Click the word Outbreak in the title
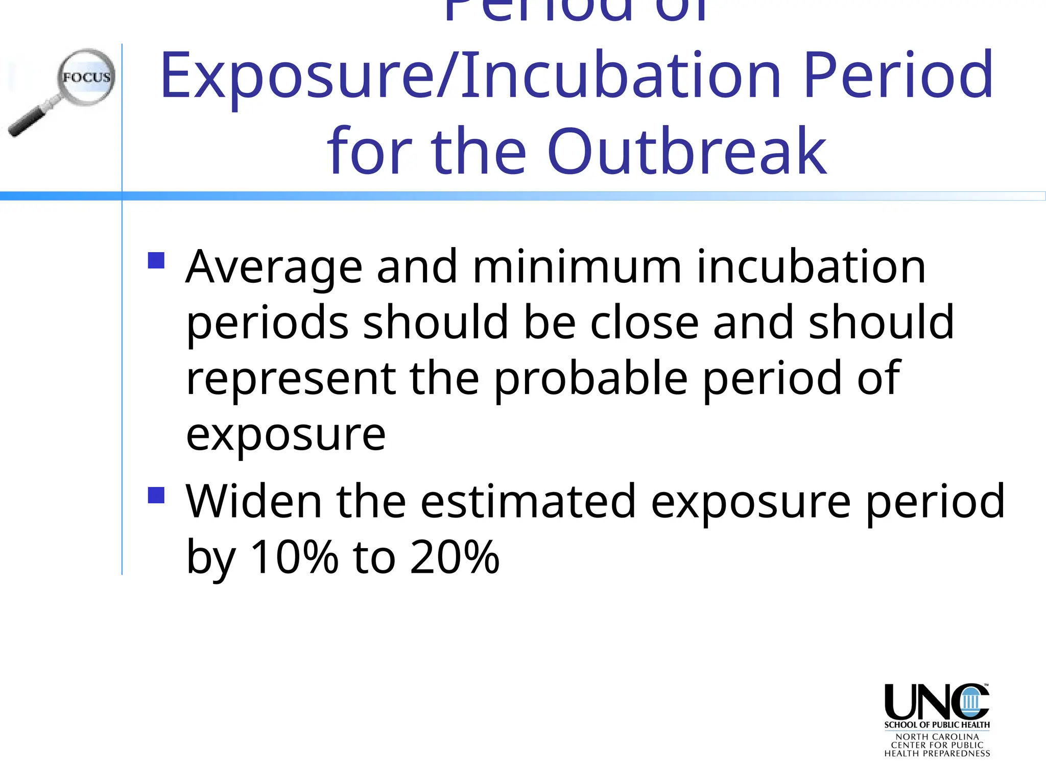[686, 152]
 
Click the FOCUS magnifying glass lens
[86, 78]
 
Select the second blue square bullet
[156, 495]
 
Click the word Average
[274, 267]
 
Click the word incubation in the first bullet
[811, 267]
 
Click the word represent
[291, 379]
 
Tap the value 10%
[295, 557]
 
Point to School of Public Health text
[937, 725]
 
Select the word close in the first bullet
[644, 323]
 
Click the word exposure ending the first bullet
[286, 435]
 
